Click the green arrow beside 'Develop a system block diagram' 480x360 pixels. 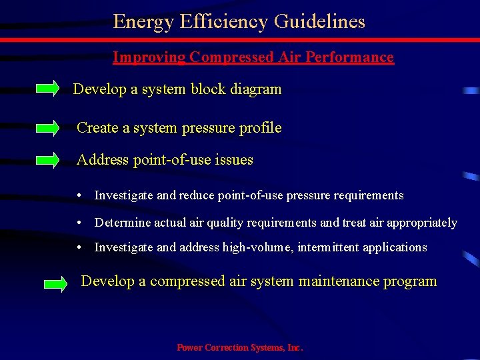pyautogui.click(x=47, y=89)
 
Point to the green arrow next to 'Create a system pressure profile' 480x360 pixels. pyautogui.click(x=47, y=127)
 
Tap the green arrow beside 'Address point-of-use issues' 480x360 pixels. pyautogui.click(x=47, y=159)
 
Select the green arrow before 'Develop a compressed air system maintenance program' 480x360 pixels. pyautogui.click(x=55, y=284)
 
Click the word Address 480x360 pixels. pyautogui.click(x=103, y=160)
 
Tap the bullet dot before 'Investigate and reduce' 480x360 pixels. pyautogui.click(x=79, y=195)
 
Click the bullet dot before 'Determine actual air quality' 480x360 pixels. pyautogui.click(x=79, y=223)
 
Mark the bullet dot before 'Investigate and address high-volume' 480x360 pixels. pyautogui.click(x=79, y=247)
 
